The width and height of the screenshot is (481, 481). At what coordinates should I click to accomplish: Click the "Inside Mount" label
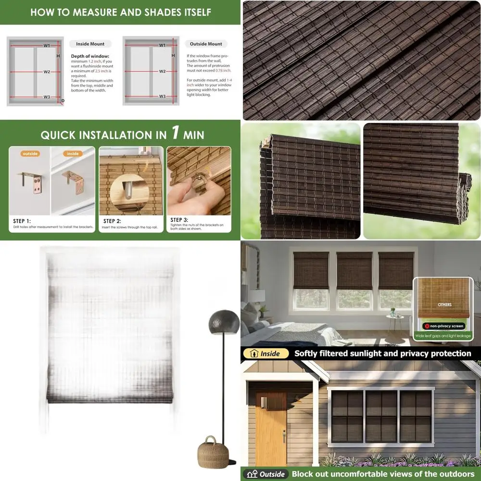coord(90,44)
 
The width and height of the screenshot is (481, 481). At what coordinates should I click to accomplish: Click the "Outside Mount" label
coord(206,44)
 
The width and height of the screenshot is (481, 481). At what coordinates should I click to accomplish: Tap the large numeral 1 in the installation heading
coord(176,133)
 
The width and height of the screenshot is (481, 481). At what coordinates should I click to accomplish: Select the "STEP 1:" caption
coord(22,221)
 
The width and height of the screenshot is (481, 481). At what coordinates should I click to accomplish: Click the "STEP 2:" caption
coord(112,221)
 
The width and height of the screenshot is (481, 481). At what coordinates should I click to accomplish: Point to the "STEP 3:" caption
coord(179,220)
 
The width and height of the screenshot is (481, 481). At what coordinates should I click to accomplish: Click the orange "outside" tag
coord(30,154)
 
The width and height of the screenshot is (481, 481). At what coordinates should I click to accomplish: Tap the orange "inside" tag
coord(73,154)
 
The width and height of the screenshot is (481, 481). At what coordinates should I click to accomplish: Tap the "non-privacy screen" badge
coord(443,326)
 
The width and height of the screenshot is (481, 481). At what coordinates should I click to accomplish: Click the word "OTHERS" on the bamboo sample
coord(444,304)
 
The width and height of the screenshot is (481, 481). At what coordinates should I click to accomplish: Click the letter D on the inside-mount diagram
coord(62,101)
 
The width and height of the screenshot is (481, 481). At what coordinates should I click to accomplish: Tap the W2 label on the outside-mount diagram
coord(162,71)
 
